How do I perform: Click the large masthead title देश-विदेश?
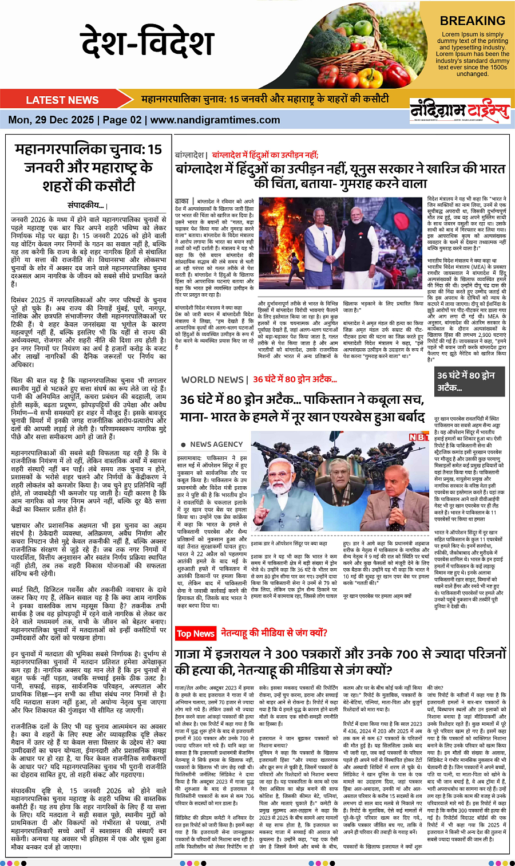click(147, 44)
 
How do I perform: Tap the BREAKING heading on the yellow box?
click(472, 21)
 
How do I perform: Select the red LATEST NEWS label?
click(62, 100)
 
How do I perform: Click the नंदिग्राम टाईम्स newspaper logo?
click(459, 110)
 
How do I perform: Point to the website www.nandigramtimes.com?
click(215, 120)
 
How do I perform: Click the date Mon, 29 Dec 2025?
click(51, 120)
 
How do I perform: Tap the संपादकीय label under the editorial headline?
click(86, 205)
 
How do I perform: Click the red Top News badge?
click(195, 633)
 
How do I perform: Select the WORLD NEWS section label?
click(213, 379)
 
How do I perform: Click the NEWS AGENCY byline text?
click(216, 444)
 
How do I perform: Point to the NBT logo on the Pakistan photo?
click(418, 437)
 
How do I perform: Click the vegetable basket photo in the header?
click(366, 43)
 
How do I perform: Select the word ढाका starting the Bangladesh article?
click(182, 202)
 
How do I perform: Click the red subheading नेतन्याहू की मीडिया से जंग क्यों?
click(274, 633)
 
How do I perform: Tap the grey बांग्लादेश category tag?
click(190, 155)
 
